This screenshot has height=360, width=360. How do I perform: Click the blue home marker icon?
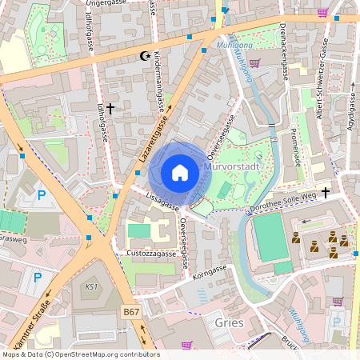click(x=180, y=173)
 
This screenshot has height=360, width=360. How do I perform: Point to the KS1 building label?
click(x=90, y=286)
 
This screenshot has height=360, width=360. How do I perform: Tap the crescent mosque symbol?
click(x=145, y=55)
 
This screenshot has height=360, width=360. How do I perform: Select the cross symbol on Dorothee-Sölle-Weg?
click(x=326, y=192)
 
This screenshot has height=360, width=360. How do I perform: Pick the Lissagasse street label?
click(x=162, y=202)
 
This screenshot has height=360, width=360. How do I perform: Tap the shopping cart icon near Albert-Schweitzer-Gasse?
click(x=323, y=13)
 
